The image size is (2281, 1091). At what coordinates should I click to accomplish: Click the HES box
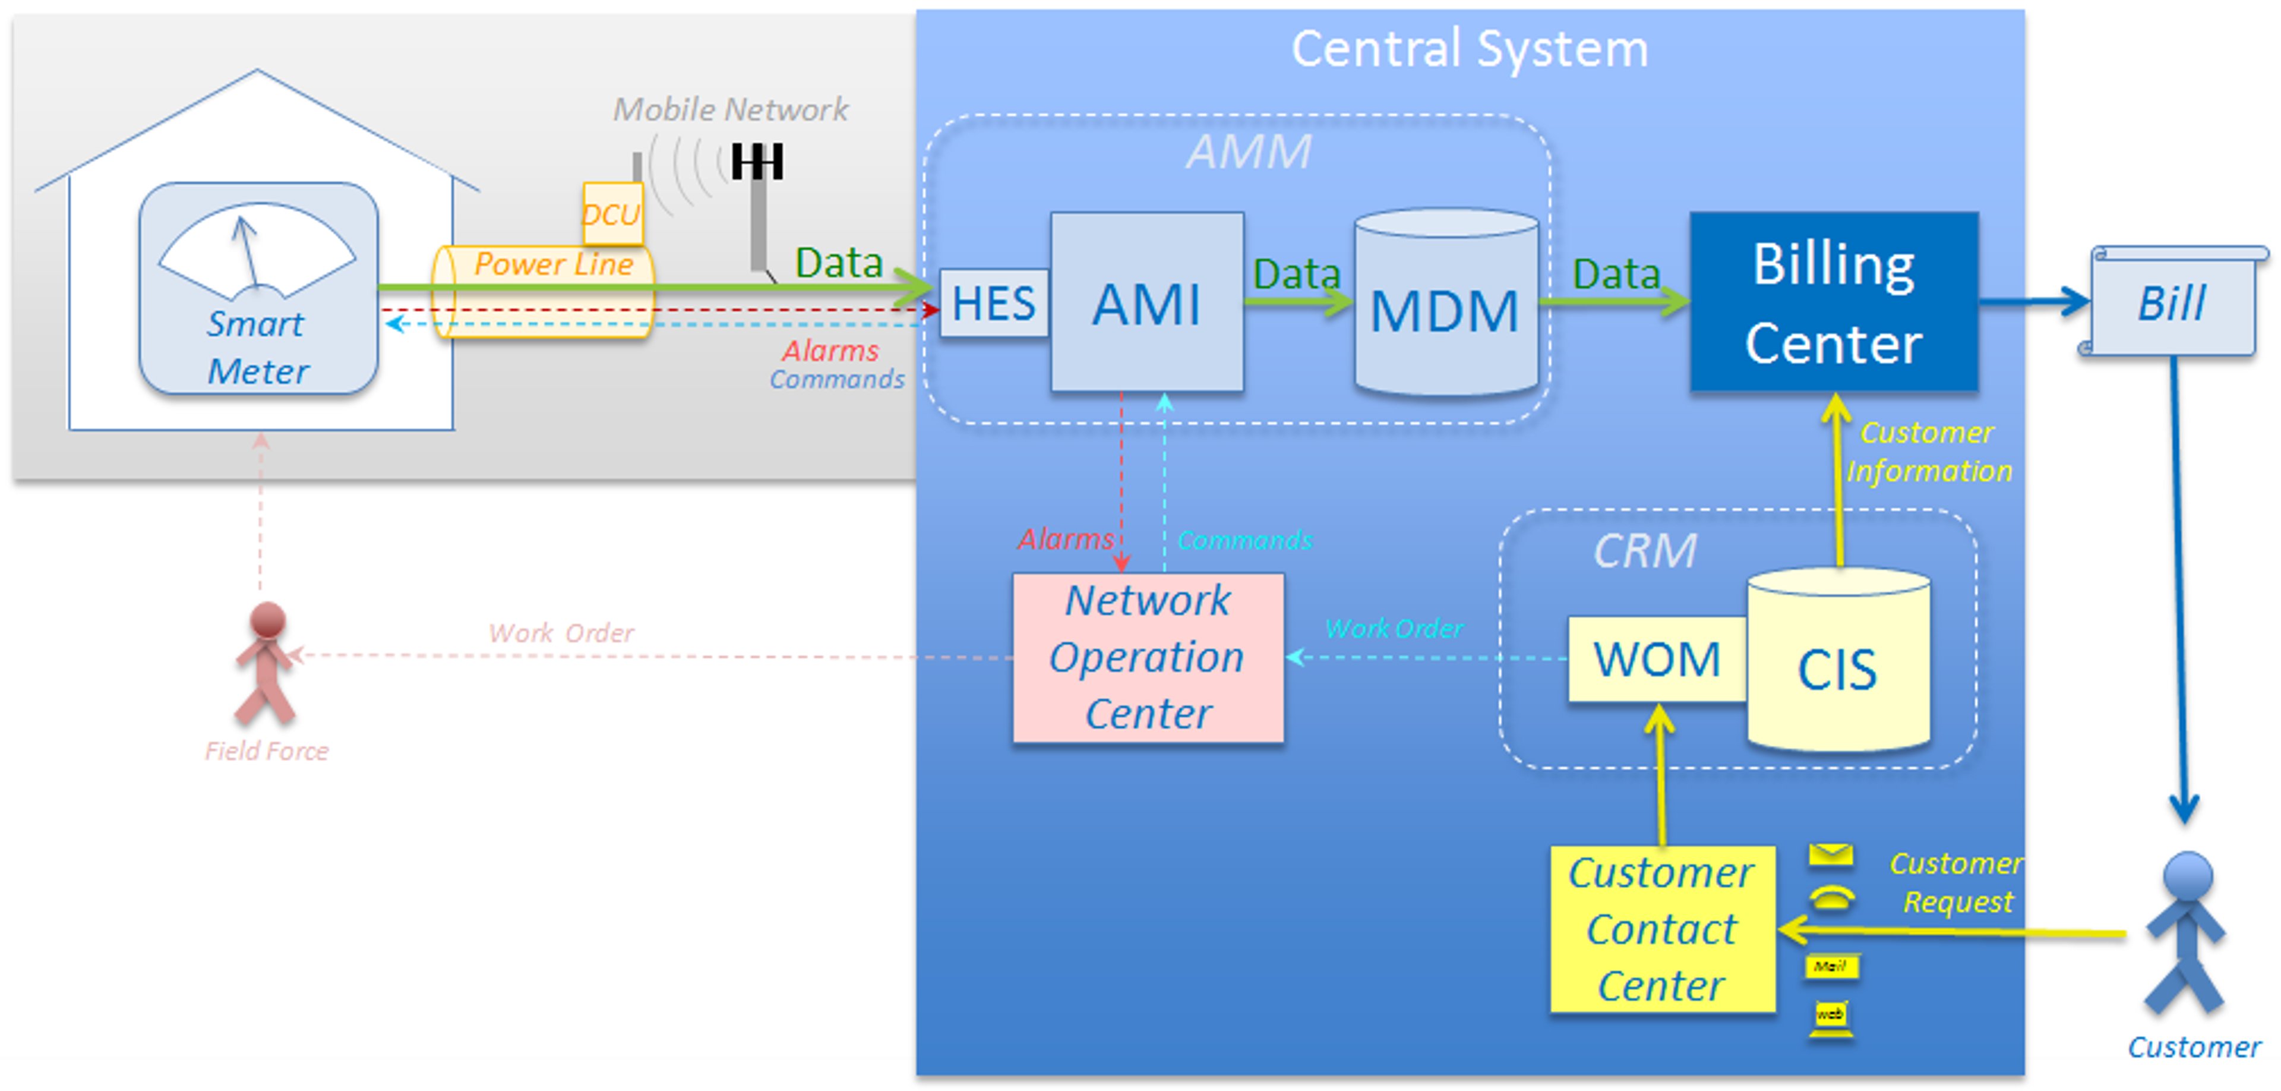pyautogui.click(x=993, y=304)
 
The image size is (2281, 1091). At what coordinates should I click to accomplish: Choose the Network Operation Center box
pyautogui.click(x=1148, y=658)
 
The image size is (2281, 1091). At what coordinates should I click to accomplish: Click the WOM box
pyautogui.click(x=1656, y=660)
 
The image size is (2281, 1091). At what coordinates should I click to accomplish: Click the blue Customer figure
pyautogui.click(x=2185, y=934)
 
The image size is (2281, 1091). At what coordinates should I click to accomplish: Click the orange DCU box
pyautogui.click(x=612, y=213)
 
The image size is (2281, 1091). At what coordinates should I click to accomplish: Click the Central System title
pyautogui.click(x=1469, y=49)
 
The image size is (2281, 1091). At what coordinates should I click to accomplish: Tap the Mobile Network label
pyautogui.click(x=731, y=110)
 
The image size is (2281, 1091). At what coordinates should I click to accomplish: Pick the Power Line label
pyautogui.click(x=554, y=264)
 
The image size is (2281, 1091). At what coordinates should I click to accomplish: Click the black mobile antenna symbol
pyautogui.click(x=757, y=163)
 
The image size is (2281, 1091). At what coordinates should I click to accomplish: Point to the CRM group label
pyautogui.click(x=1644, y=551)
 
